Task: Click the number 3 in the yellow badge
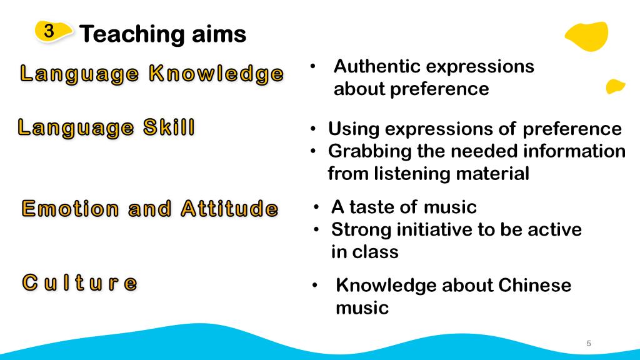49,31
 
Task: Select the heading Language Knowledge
152,74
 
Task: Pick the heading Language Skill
106,127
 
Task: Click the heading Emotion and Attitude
150,209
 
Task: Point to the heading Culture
79,282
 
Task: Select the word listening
412,174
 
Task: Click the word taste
369,207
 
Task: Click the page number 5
589,343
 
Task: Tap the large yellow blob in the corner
587,36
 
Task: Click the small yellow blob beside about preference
615,86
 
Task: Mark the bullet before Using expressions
313,129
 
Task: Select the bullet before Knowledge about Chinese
314,285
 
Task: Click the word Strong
359,230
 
